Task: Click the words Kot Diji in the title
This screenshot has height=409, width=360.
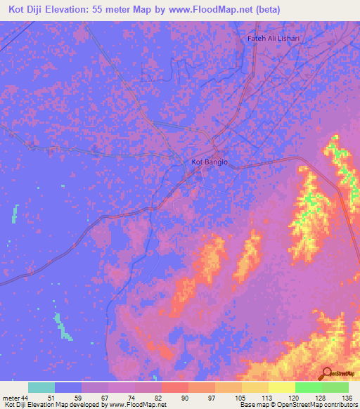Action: click(29, 10)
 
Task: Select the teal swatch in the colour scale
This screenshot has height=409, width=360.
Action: click(41, 387)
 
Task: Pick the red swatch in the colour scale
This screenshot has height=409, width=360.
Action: click(175, 387)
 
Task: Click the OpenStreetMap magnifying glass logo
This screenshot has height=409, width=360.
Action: click(328, 372)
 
